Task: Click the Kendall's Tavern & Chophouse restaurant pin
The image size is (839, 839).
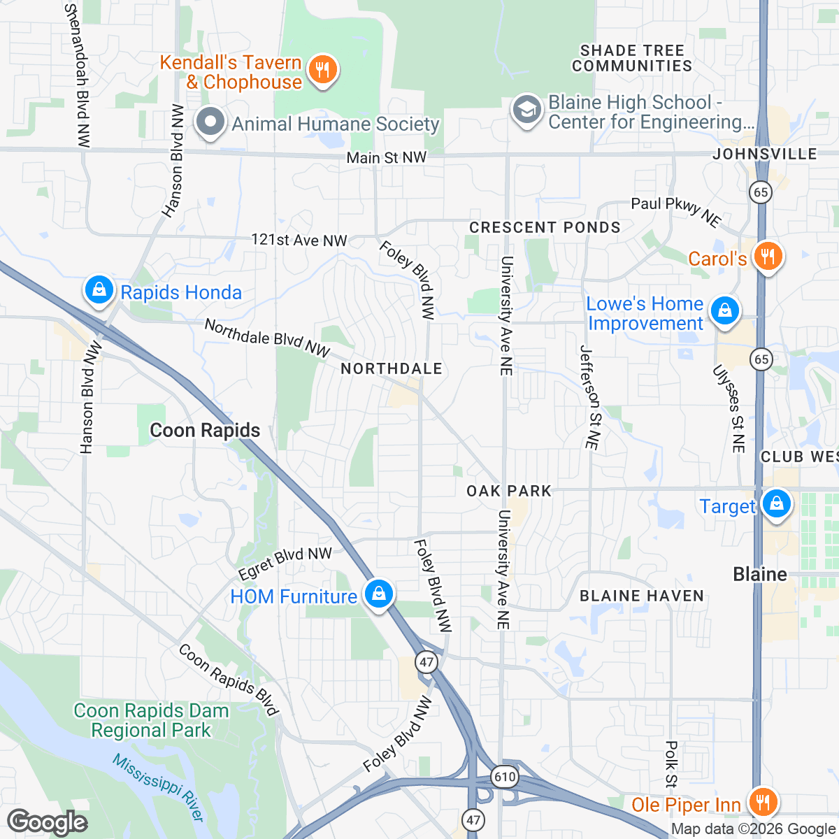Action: (322, 70)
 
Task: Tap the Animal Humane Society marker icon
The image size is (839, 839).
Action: (209, 122)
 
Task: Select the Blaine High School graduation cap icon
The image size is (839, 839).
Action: (526, 110)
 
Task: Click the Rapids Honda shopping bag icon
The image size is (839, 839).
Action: (99, 290)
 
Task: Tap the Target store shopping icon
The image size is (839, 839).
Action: (775, 504)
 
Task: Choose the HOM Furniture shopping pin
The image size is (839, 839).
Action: (378, 595)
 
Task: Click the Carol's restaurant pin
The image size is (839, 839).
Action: (767, 257)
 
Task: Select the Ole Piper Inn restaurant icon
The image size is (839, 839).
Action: (762, 802)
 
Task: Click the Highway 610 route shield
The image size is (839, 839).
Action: (504, 777)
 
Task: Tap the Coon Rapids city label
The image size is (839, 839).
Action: (205, 431)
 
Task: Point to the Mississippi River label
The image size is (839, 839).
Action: (158, 787)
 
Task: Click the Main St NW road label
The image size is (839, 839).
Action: (386, 158)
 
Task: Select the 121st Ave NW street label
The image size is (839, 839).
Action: (299, 241)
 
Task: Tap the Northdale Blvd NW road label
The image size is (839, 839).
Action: (267, 338)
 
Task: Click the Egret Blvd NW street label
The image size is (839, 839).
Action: (285, 563)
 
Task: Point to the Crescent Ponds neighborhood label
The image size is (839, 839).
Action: (545, 228)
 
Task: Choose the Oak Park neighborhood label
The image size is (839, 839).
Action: (509, 491)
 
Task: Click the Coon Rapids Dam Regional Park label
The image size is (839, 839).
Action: (151, 721)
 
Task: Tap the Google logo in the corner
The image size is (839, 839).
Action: (48, 822)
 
